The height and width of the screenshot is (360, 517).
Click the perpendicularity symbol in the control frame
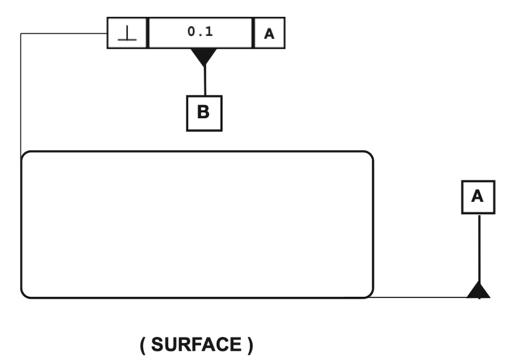tap(127, 33)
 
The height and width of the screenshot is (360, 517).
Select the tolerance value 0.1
tap(200, 32)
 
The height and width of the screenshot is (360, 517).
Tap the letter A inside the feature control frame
tap(269, 34)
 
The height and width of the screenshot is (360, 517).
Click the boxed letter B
tap(204, 113)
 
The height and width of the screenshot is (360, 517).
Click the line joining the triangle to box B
tap(205, 81)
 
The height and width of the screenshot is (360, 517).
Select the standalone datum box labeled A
tap(478, 197)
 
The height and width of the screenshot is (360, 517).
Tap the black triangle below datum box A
tap(479, 290)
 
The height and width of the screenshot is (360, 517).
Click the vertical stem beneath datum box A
tap(479, 248)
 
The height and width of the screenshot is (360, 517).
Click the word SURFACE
tap(196, 345)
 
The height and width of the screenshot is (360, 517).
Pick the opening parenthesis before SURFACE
tap(142, 345)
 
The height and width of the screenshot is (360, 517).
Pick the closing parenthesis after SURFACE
tap(250, 345)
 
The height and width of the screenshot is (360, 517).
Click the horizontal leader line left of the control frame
tap(64, 33)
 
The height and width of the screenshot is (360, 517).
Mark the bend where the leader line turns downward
tap(21, 33)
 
